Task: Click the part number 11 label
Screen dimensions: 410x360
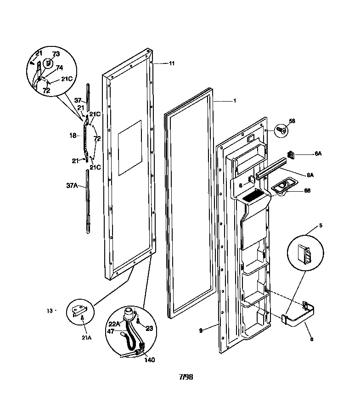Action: click(x=171, y=63)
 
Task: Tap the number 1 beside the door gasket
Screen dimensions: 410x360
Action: click(x=234, y=101)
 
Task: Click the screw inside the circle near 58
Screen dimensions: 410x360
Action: click(x=281, y=130)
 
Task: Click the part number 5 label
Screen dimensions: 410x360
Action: click(x=321, y=226)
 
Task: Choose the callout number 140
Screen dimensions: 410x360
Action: click(x=149, y=360)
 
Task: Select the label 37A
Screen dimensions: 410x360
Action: click(x=72, y=186)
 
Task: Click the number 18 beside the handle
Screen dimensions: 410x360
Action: click(x=72, y=136)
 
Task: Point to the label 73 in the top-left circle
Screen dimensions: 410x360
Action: click(x=56, y=54)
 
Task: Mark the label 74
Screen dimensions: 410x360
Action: click(x=59, y=67)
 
